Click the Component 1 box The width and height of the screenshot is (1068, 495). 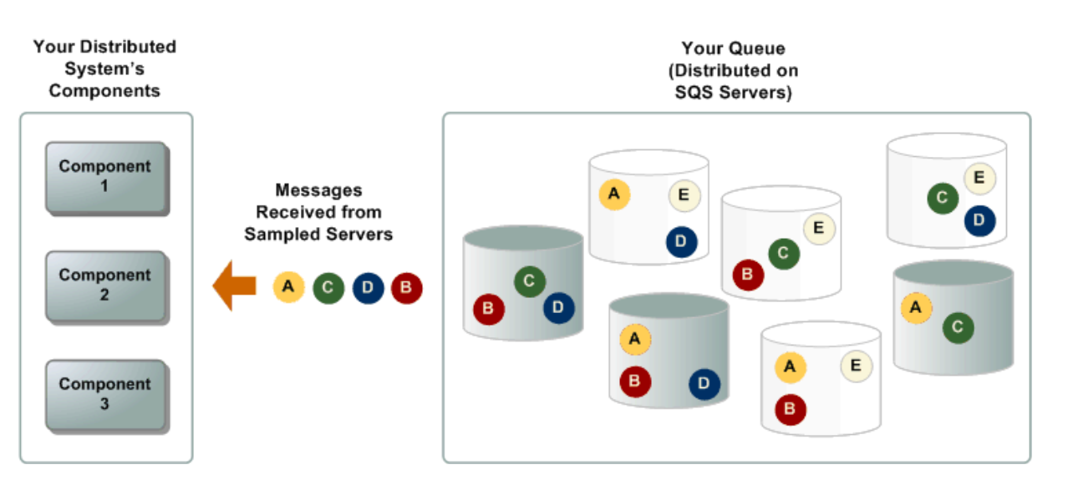[105, 176]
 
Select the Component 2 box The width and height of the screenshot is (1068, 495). [105, 285]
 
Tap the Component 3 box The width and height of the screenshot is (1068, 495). [105, 394]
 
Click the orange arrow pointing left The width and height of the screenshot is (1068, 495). [234, 285]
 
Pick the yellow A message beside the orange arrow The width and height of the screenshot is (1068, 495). [288, 287]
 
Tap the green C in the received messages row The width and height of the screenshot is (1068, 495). [328, 288]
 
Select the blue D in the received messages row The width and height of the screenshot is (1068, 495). [368, 288]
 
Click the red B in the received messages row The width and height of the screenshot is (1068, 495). [407, 288]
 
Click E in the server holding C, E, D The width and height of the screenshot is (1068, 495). [979, 178]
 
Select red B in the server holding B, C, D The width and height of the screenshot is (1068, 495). [488, 310]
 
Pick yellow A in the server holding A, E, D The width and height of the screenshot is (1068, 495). [614, 194]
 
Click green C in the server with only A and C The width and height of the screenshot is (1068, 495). [958, 327]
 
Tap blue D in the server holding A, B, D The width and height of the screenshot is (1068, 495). [704, 383]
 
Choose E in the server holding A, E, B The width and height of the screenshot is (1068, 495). [856, 365]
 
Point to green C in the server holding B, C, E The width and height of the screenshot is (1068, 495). [783, 252]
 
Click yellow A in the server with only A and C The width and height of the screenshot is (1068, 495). [916, 307]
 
